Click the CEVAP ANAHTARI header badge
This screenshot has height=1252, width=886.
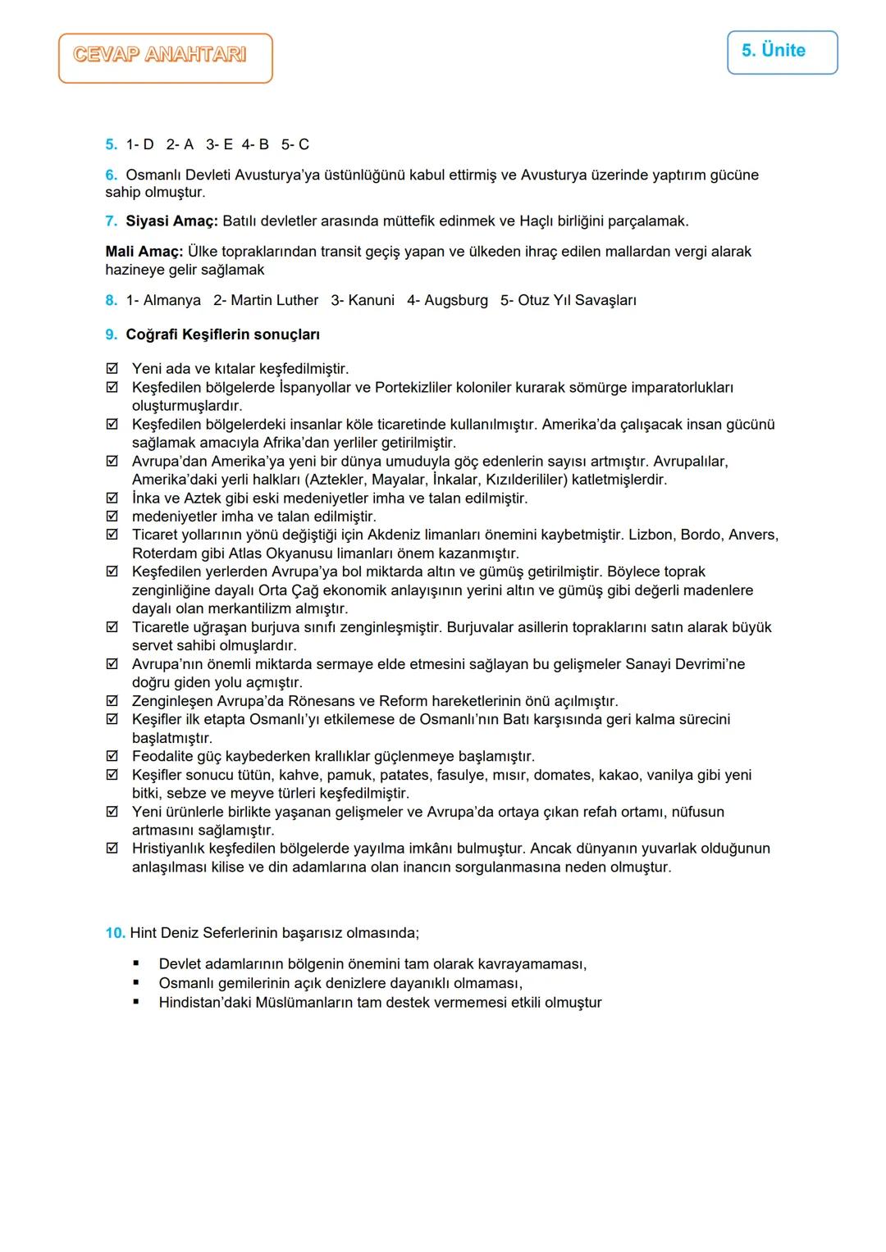[x=165, y=57]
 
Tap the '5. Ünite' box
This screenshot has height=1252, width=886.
[x=782, y=52]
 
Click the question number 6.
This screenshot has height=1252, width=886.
[x=111, y=175]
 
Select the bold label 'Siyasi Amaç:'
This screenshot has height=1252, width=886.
[x=171, y=221]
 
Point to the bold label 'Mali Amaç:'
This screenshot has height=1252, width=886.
[x=144, y=252]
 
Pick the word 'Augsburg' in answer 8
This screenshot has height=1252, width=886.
[x=456, y=301]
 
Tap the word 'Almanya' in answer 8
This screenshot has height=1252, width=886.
[x=171, y=301]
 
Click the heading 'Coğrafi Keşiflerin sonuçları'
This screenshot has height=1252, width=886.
[x=222, y=335]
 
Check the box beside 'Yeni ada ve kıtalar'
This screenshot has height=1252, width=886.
[x=112, y=369]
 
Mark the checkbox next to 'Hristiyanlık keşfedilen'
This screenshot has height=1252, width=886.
[x=112, y=849]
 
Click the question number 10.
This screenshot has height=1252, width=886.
[x=115, y=933]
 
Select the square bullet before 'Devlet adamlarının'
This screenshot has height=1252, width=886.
[x=136, y=964]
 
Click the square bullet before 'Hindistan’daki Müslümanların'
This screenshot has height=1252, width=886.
[x=136, y=1002]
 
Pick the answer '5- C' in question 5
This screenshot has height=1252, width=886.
[x=295, y=145]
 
